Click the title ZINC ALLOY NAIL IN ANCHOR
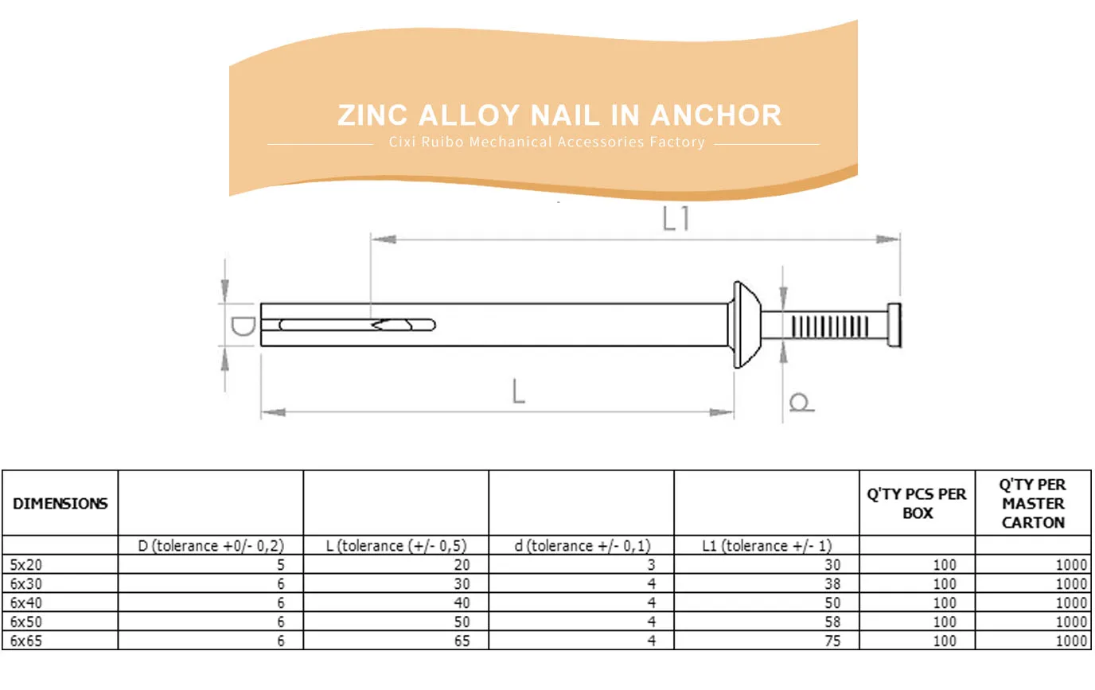559,115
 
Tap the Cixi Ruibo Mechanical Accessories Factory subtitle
547,142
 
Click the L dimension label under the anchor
518,392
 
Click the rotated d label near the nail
801,403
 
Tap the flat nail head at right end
894,325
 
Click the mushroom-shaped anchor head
746,324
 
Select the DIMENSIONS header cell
60,504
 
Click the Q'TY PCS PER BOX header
917,504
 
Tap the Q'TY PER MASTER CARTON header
1033,504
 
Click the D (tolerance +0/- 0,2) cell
211,546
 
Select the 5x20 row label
27,565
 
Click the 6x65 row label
27,641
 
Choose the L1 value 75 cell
832,641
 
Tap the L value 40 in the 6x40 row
462,603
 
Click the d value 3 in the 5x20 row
651,565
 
